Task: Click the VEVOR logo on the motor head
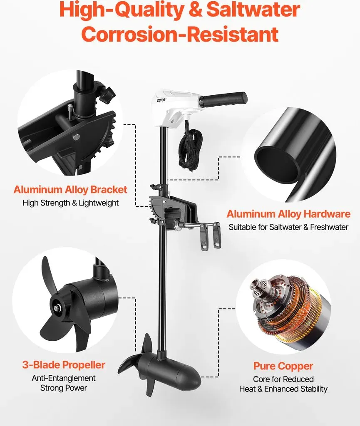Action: click(x=161, y=100)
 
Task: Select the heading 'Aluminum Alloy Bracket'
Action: click(x=70, y=190)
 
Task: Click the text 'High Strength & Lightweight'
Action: click(x=71, y=203)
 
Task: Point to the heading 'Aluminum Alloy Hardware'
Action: click(x=288, y=214)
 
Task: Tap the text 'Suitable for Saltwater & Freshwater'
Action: click(x=288, y=227)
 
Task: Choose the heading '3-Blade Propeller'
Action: click(x=64, y=365)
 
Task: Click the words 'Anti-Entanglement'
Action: click(x=64, y=378)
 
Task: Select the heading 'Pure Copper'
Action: click(x=283, y=366)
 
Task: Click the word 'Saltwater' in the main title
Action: click(x=253, y=10)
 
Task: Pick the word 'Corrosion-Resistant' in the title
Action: click(x=180, y=34)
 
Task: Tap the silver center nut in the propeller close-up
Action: click(x=57, y=308)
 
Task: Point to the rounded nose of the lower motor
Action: click(x=194, y=376)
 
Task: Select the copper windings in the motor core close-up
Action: click(x=302, y=312)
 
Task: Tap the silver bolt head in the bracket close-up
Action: click(x=77, y=136)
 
